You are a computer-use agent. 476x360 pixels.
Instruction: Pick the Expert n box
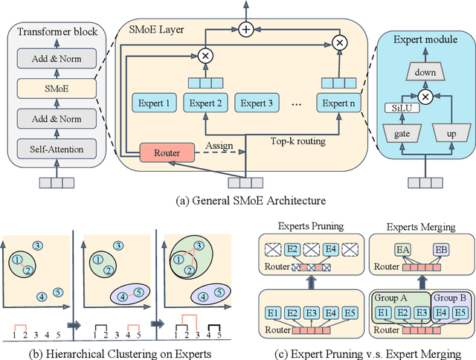338,103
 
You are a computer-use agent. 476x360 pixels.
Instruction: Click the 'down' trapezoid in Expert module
426,71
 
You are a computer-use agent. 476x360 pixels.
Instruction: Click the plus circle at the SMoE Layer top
245,30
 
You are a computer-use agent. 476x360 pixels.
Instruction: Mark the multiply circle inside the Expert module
426,97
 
